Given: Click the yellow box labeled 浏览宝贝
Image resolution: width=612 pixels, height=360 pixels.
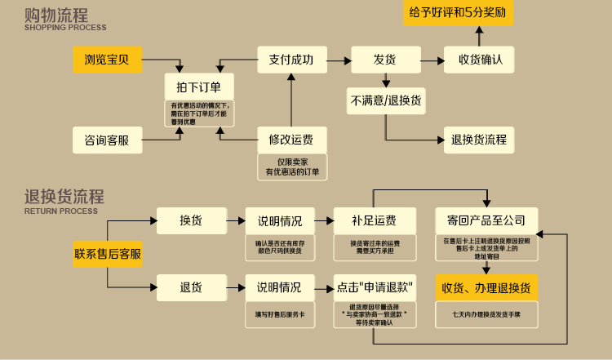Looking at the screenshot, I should point(107,59).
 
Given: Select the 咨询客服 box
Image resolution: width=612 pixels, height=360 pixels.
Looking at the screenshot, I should point(107,140).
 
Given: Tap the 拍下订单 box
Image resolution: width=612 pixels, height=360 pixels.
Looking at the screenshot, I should point(198,87).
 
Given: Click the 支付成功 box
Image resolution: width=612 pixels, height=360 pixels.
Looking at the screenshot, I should point(290,59).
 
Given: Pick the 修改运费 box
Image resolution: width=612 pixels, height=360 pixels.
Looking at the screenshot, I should point(291,140).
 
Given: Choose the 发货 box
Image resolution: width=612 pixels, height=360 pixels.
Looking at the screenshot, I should point(384,59).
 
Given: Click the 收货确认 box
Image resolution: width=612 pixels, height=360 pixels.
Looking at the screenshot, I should point(479,59).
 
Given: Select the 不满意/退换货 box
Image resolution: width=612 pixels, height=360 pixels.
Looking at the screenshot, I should point(385,100).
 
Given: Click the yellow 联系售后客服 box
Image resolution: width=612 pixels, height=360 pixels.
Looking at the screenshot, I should point(108,254).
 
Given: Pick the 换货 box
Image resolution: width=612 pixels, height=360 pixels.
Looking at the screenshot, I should point(191,220).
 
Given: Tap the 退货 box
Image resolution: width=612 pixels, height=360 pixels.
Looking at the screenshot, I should point(191,287).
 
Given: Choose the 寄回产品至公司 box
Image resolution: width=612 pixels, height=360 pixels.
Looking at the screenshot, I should point(486,220).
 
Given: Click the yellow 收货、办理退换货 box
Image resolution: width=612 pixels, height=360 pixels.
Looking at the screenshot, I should point(486,287).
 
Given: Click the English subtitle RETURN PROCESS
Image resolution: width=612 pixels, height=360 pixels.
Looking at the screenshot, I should point(61,211).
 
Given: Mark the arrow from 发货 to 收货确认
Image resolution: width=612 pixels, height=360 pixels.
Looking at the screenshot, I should point(431,60).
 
